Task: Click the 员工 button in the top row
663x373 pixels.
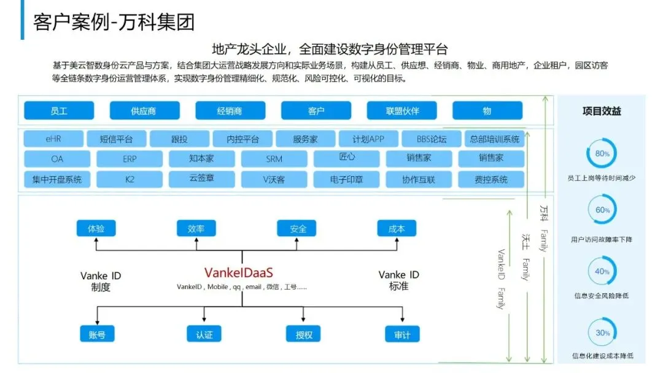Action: [x=59, y=111]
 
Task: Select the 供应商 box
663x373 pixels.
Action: [x=144, y=111]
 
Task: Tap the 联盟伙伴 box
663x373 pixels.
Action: [x=402, y=111]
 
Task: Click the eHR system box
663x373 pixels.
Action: [x=53, y=139]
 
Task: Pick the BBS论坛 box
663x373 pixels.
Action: [x=432, y=139]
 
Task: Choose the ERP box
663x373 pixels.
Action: [x=130, y=158]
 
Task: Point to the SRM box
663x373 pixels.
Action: [x=274, y=158]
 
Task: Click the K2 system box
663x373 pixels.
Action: [x=130, y=179]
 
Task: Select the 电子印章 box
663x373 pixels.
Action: [x=346, y=179]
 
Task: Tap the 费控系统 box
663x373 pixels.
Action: [x=491, y=179]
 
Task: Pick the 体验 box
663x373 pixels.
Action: [x=96, y=229]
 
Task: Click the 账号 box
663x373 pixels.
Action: [x=97, y=334]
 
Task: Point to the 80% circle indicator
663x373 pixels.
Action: [x=602, y=153]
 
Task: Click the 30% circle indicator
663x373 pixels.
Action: [x=602, y=333]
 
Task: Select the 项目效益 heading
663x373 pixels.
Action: [x=602, y=111]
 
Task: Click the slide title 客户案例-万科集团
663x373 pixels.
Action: [x=114, y=22]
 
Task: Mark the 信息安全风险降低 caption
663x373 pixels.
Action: [x=602, y=296]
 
